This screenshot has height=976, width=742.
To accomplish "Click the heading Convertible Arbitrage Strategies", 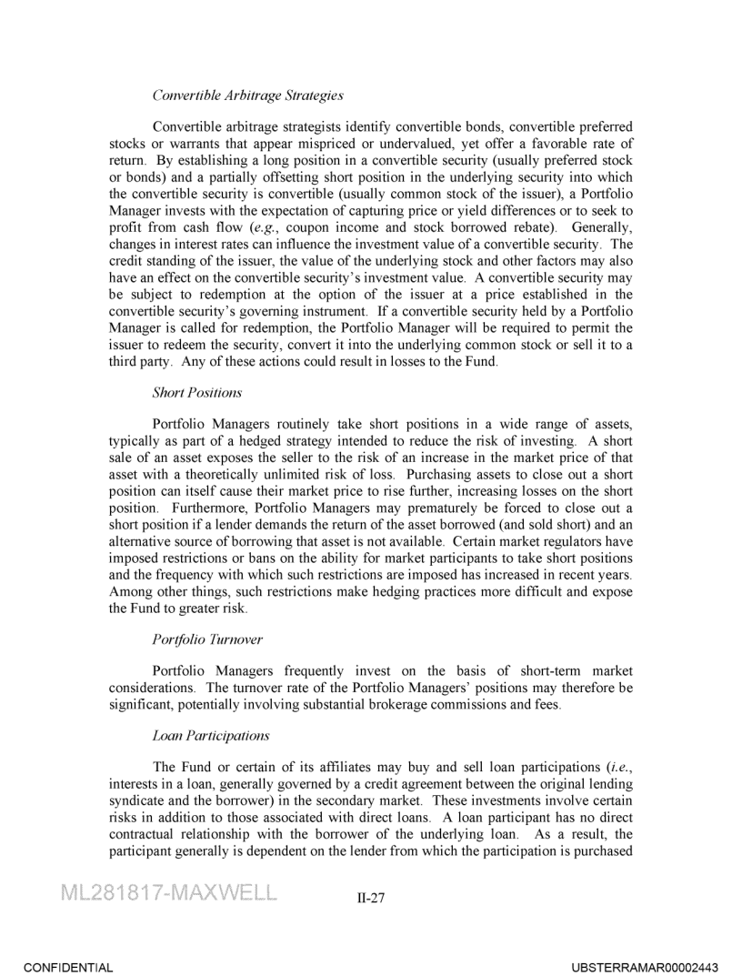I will (x=247, y=95).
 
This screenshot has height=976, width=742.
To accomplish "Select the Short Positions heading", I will (x=197, y=393).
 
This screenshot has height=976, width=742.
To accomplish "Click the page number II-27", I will (x=371, y=898).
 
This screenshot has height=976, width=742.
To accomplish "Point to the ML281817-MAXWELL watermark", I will (x=168, y=893).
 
